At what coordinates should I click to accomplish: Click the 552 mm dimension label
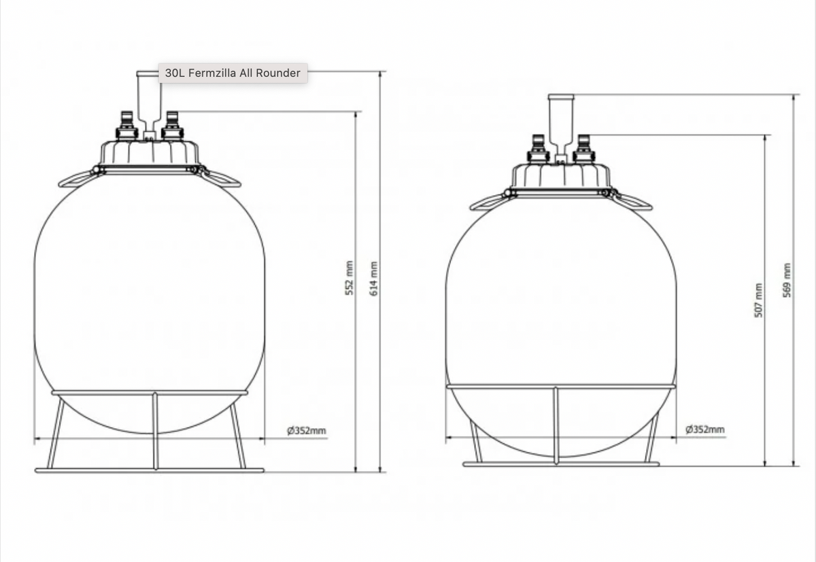(x=350, y=278)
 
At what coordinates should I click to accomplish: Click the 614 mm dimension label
(x=373, y=278)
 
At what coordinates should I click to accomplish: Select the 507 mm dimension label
(x=759, y=300)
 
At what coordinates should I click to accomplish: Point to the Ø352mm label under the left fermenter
(x=306, y=430)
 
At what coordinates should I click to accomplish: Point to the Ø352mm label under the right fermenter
(x=705, y=429)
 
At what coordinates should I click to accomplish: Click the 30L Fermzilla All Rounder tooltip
(x=233, y=73)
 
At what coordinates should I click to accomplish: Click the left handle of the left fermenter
(x=75, y=179)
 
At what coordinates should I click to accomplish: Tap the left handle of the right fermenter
(x=487, y=202)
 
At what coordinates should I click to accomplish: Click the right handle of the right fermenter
(x=634, y=202)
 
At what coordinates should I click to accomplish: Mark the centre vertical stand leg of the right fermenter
(x=556, y=425)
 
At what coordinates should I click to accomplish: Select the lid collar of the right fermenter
(x=560, y=176)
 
